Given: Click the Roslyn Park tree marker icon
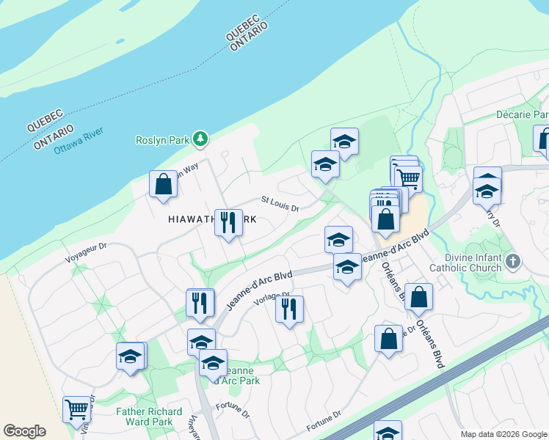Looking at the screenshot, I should click(x=200, y=139).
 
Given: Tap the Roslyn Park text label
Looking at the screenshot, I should click(x=162, y=139).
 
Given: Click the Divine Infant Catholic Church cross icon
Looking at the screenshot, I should click(x=513, y=261).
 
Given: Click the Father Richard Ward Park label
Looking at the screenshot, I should click(x=144, y=417).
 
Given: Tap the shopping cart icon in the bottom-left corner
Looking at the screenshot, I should click(x=76, y=410).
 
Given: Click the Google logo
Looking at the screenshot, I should click(x=24, y=431).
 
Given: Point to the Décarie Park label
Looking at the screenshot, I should click(x=522, y=115).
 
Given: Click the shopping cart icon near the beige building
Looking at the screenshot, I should click(x=408, y=177).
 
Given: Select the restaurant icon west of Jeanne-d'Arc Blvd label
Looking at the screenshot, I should click(x=200, y=301).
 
